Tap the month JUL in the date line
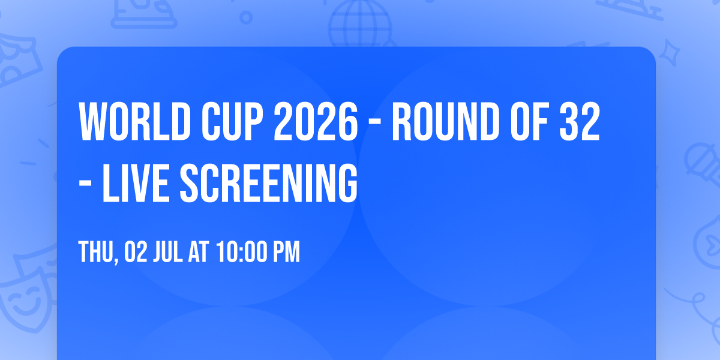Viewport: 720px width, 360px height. (x=169, y=253)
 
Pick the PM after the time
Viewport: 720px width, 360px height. (x=286, y=253)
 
